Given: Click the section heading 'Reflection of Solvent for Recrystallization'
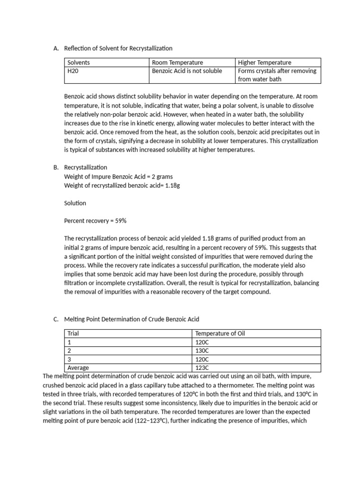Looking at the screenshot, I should coord(118,48).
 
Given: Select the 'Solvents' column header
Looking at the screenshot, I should coord(79,63).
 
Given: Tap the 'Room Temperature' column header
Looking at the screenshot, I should coord(177,63).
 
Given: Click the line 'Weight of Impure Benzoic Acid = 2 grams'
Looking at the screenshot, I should coord(118,176).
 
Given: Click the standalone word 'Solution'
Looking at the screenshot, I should coord(75,203).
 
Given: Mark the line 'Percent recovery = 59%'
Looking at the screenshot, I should coord(95,221).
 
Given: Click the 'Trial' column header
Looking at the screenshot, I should coord(73,333).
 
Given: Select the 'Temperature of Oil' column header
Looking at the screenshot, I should coord(220,333).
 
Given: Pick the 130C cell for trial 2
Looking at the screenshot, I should coord(201,350).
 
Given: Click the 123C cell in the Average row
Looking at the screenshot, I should coord(201,368).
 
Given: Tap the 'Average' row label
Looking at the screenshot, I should coord(78,368).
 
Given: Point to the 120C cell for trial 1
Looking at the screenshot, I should coord(201,342).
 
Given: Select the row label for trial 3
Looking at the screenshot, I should coord(70,359).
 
